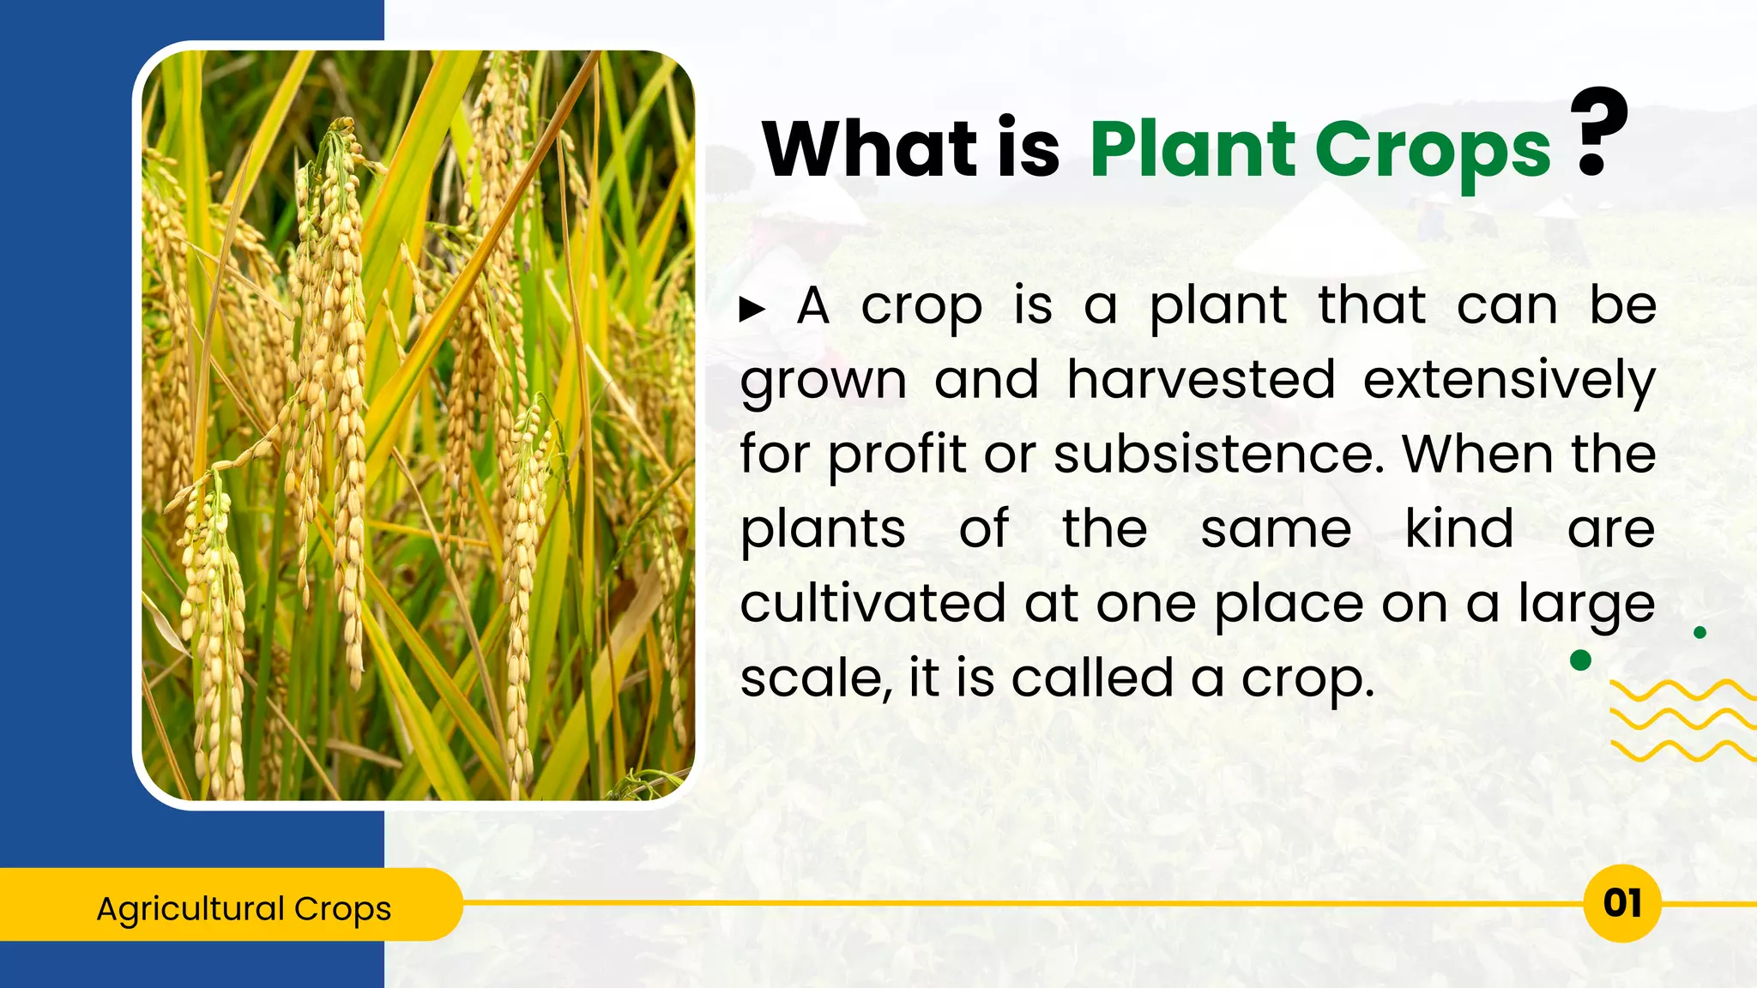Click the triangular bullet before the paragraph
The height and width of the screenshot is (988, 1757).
click(x=752, y=310)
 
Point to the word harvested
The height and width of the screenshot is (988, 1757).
click(x=1201, y=379)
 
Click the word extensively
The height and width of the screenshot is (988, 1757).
click(x=1509, y=379)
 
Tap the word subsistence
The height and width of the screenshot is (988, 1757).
click(x=1218, y=454)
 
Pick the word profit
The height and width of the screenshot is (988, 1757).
click(x=897, y=454)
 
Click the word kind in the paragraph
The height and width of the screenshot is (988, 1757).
click(x=1459, y=528)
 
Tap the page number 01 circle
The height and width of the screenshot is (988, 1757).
click(x=1621, y=903)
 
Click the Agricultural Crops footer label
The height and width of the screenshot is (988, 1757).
click(x=244, y=907)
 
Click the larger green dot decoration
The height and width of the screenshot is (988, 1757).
click(x=1580, y=660)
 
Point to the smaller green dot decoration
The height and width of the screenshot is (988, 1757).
click(x=1700, y=632)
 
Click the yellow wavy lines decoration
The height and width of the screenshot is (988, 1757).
click(x=1682, y=720)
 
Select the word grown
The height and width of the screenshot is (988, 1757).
click(x=823, y=379)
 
